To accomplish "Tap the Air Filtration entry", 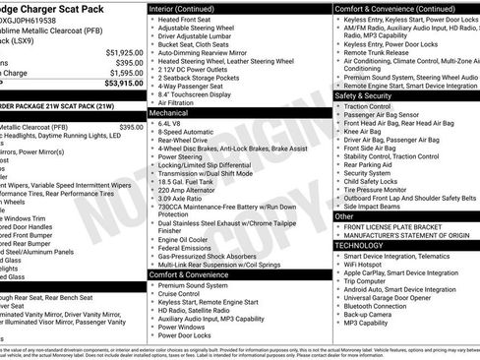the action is point(182,101).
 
